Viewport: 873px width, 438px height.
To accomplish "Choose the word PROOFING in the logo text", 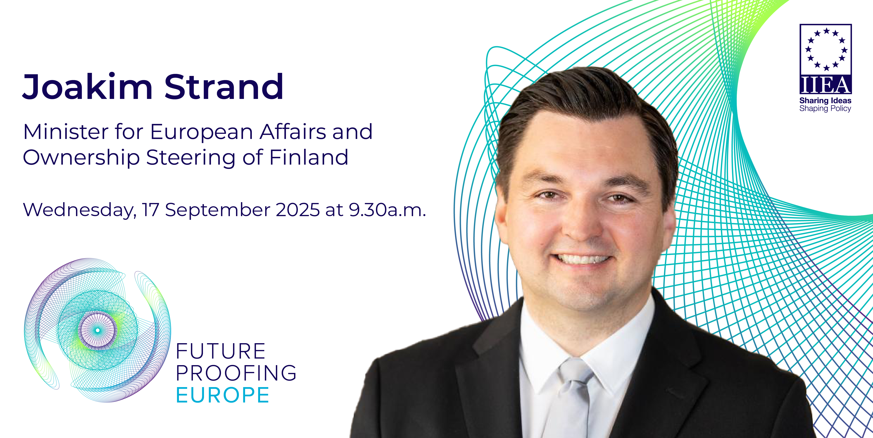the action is click(236, 373).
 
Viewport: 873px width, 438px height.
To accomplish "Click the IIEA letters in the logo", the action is click(826, 85).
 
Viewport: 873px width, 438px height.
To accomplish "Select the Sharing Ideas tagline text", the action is click(825, 101).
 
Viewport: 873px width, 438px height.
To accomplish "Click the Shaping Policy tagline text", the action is click(825, 108).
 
